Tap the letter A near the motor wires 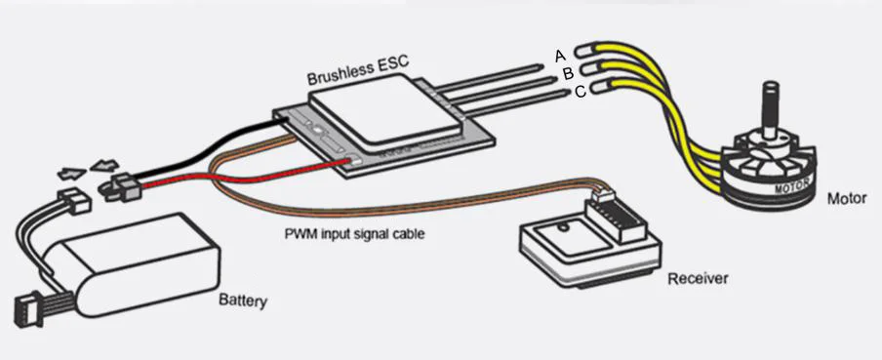(x=559, y=56)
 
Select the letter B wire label (x=568, y=73)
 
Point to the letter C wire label (x=580, y=91)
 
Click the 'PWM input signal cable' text (x=354, y=233)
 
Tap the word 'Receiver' (x=698, y=278)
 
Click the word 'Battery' (x=242, y=300)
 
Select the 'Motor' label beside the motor (x=847, y=198)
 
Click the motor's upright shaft (x=769, y=109)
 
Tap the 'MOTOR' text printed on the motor (x=792, y=185)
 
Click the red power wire (x=249, y=178)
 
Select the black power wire (x=208, y=144)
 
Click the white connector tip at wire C (x=600, y=88)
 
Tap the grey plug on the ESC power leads (x=122, y=187)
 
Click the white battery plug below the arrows (x=75, y=202)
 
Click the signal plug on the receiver (x=603, y=196)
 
